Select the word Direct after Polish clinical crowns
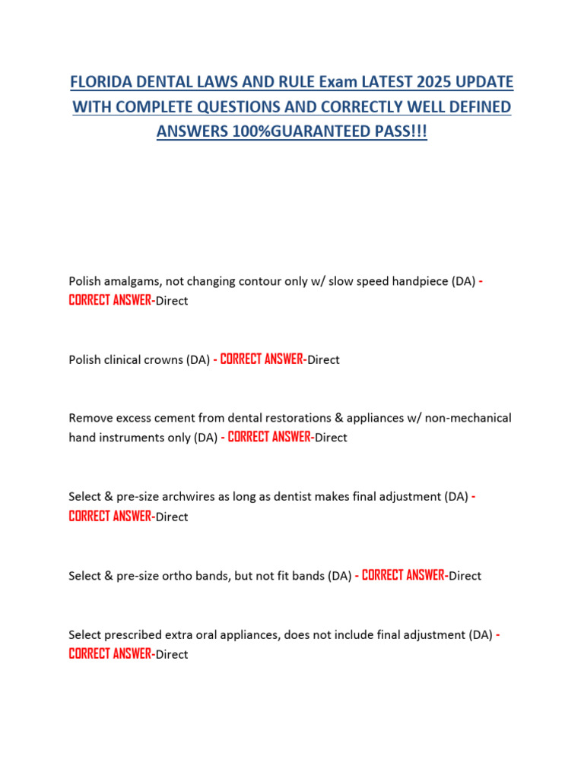(x=323, y=360)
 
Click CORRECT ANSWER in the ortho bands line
(x=403, y=576)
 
